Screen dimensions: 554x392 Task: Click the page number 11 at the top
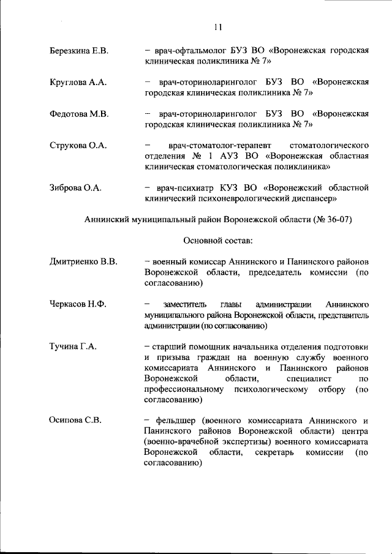pyautogui.click(x=218, y=26)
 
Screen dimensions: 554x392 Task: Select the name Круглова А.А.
pyautogui.click(x=78, y=82)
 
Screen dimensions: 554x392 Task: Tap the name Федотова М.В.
pyautogui.click(x=78, y=114)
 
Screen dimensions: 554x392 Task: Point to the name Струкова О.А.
pyautogui.click(x=78, y=145)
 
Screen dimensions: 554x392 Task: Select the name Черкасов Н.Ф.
pyautogui.click(x=78, y=304)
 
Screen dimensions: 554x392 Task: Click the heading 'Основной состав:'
pyautogui.click(x=213, y=241)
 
